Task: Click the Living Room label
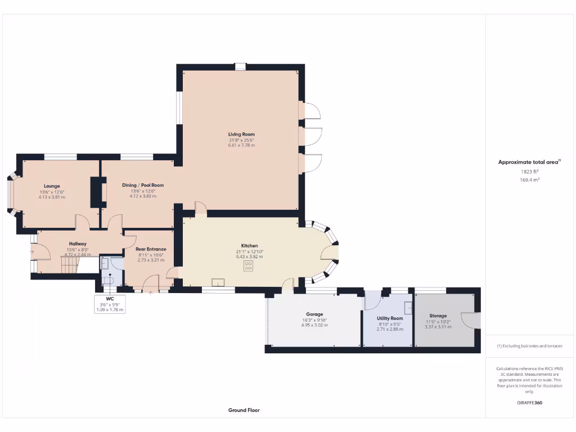[241, 134]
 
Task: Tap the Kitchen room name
[249, 246]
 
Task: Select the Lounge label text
[52, 186]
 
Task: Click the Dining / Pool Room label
[142, 184]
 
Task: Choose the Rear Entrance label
[151, 249]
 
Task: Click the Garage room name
[314, 314]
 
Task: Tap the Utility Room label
[390, 318]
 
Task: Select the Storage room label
[438, 316]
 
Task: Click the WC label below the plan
[110, 299]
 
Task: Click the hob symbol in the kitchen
[249, 267]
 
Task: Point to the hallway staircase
[67, 265]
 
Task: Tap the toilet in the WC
[107, 280]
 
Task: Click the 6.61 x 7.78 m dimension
[241, 145]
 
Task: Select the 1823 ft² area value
[529, 171]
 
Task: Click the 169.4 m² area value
[529, 179]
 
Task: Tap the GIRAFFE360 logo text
[529, 403]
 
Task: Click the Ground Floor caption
[244, 410]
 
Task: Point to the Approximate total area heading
[529, 162]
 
